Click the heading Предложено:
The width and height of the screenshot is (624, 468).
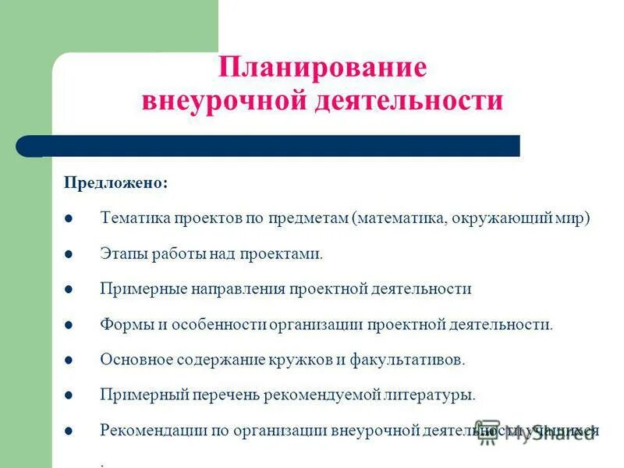tap(115, 183)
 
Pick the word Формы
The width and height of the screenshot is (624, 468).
tap(123, 324)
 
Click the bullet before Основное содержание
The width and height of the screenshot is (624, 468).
tap(69, 360)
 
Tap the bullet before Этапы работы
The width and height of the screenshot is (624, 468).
tap(69, 254)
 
